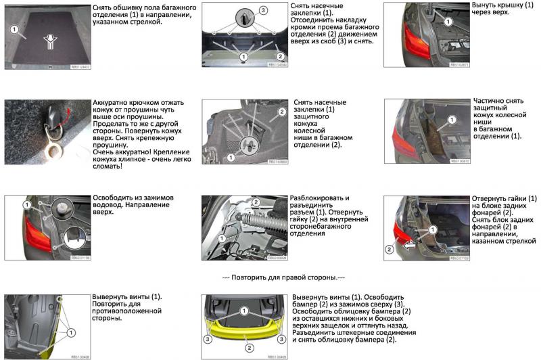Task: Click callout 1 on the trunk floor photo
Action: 13,30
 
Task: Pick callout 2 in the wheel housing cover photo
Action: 281,110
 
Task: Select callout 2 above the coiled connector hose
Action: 256,202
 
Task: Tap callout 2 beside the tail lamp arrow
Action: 389,249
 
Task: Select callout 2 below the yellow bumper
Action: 249,348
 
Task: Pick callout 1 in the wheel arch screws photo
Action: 70,332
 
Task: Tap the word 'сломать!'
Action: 110,166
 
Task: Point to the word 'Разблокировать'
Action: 319,198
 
